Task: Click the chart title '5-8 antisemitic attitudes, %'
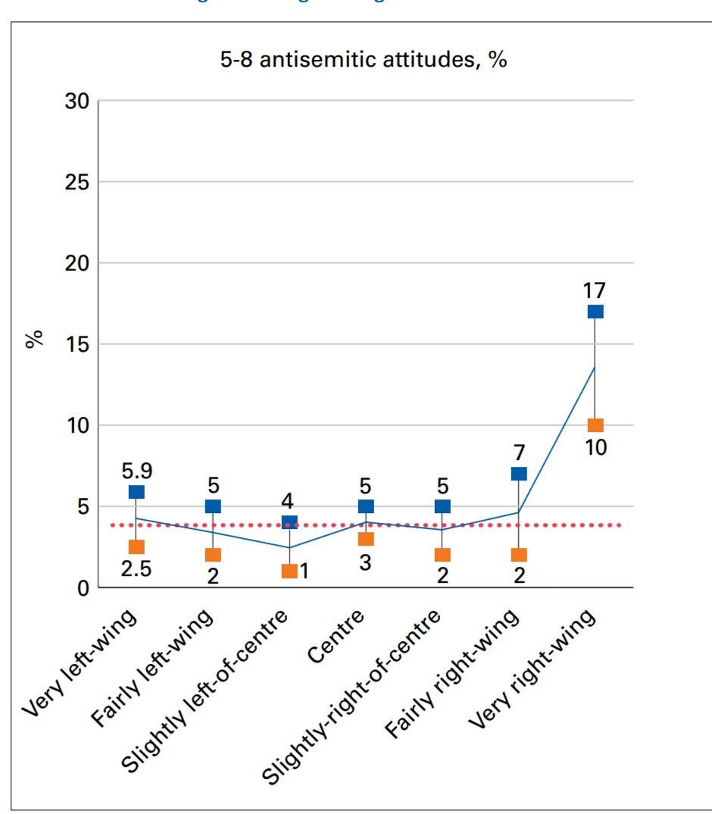point(363,61)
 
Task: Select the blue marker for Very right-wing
point(595,312)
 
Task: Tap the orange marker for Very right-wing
point(595,425)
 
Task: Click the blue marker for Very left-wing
point(136,492)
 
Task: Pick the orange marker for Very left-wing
point(136,546)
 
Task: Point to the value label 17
point(595,290)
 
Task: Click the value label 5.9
point(136,471)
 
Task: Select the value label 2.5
point(136,568)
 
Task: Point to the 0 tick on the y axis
point(83,588)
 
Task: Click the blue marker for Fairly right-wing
point(519,474)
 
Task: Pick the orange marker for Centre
point(366,539)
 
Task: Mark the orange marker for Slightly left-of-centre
point(289,571)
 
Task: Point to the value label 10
point(595,448)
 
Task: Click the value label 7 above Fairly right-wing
point(519,452)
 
